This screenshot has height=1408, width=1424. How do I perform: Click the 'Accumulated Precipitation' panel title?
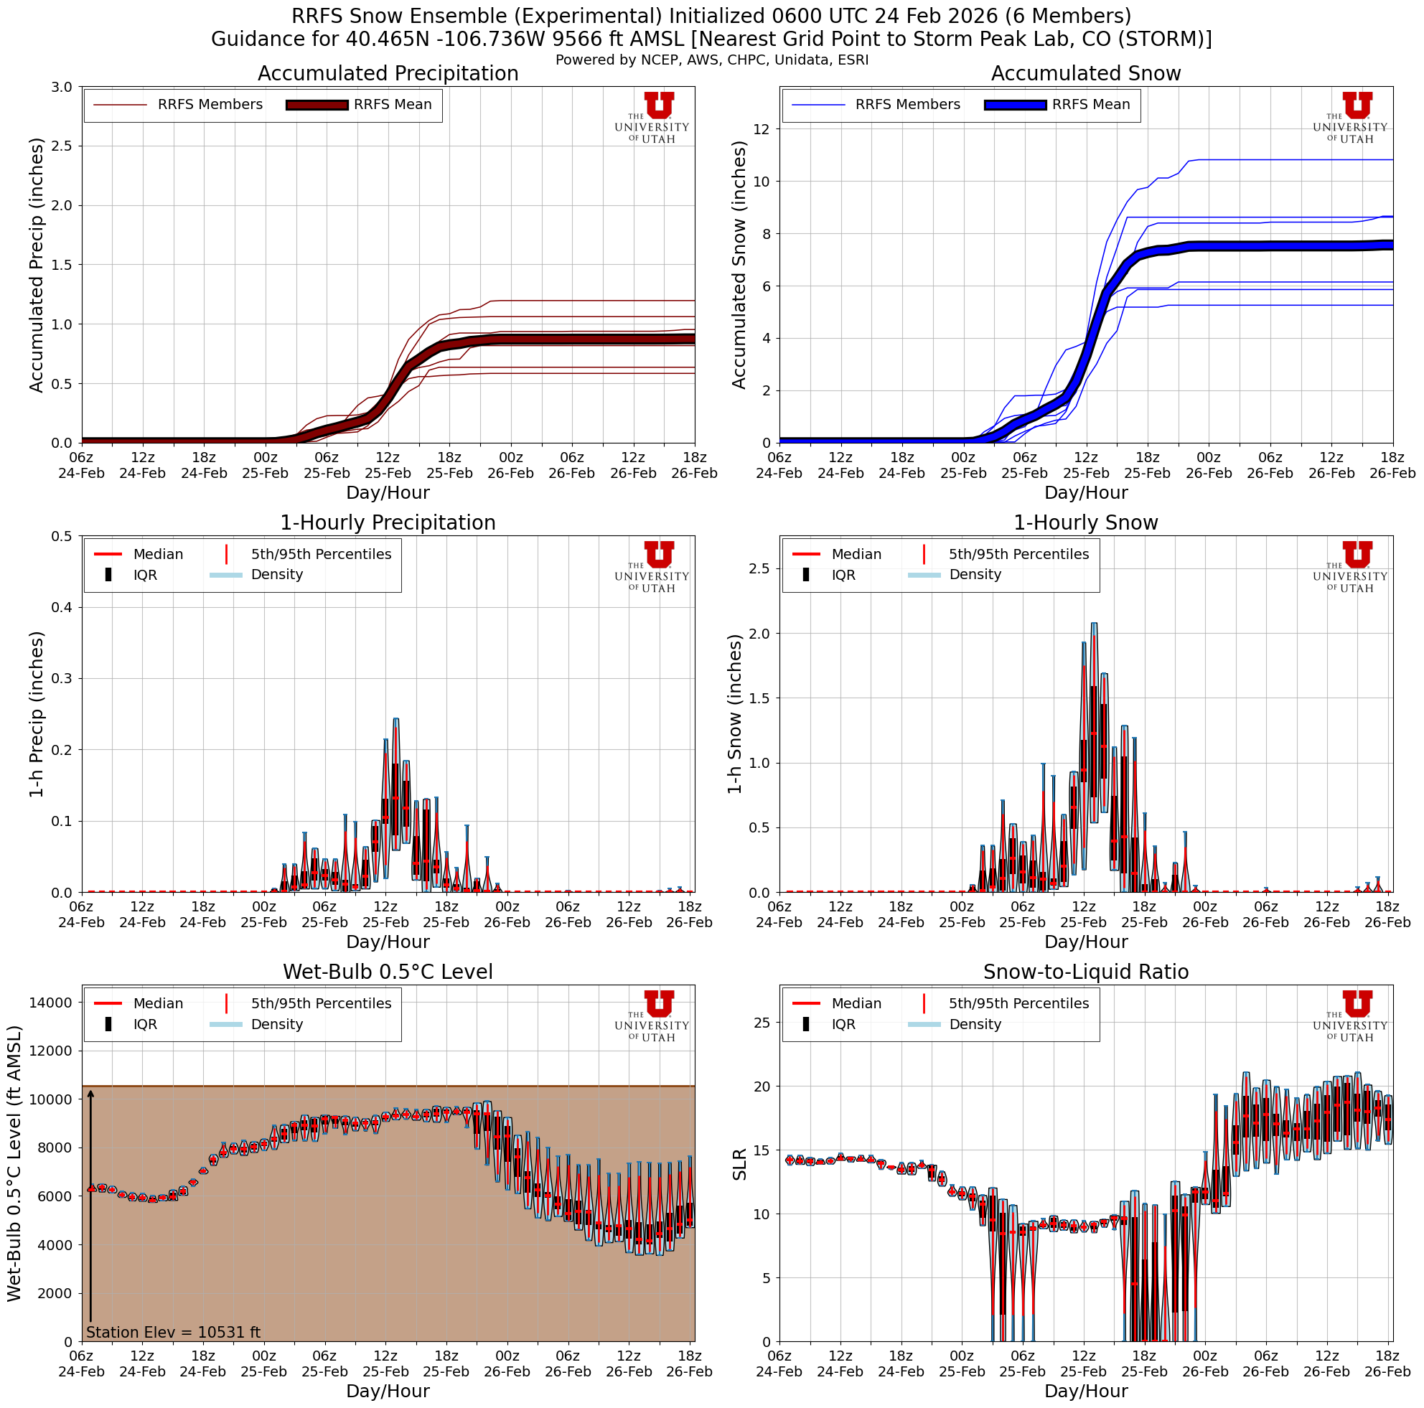tap(388, 74)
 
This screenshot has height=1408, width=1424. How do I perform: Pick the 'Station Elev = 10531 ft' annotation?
tap(173, 1332)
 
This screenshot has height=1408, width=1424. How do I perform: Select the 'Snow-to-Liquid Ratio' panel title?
tap(1086, 972)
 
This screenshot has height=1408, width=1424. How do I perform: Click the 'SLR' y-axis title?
tap(739, 1163)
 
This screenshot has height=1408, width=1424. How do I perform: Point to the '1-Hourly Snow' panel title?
tap(1086, 522)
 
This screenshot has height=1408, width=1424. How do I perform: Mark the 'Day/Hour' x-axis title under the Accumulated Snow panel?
tap(1086, 492)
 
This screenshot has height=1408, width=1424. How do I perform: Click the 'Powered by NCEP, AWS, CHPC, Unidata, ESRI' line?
tap(712, 60)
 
